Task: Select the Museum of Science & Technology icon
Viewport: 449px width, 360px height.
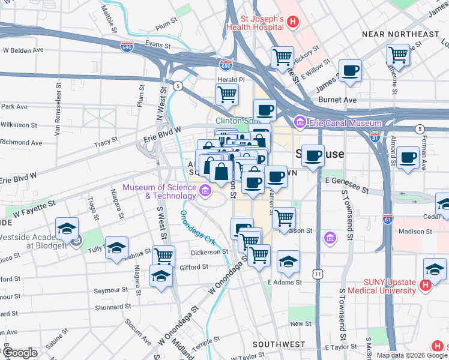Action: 205,192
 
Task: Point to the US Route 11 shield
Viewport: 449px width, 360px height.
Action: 317,274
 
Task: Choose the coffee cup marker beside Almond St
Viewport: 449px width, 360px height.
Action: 408,158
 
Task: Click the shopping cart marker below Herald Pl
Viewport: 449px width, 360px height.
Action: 227,94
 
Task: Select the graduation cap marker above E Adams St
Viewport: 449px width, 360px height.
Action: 288,262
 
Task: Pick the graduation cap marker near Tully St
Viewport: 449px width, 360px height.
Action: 116,248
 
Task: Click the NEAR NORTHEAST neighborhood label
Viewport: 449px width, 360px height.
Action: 400,34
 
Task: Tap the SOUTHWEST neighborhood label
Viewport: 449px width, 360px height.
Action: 279,344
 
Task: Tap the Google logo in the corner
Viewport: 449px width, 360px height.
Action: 20,353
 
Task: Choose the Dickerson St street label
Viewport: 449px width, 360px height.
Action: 209,252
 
